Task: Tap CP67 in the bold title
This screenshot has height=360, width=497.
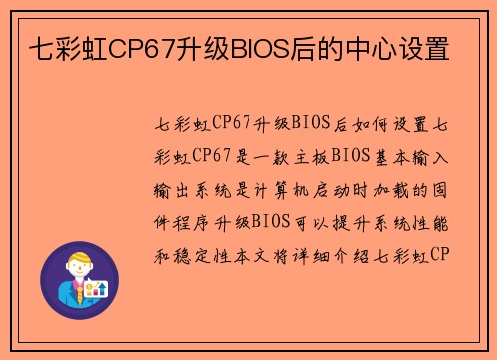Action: click(143, 48)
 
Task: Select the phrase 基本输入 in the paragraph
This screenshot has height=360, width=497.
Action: click(412, 156)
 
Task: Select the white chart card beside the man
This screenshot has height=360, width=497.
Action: click(97, 288)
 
